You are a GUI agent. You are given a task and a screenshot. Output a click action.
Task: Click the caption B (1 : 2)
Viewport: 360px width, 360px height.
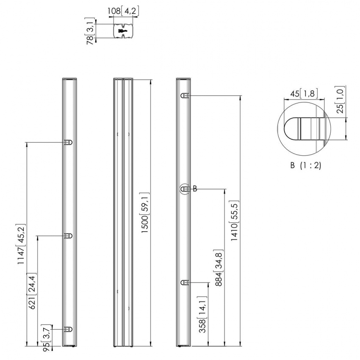(305, 165)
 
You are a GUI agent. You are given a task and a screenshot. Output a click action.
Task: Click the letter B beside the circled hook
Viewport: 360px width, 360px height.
(195, 189)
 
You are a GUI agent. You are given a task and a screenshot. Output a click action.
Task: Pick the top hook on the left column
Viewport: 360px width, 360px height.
(69, 142)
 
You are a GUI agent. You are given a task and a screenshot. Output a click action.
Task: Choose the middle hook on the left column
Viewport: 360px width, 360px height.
(69, 236)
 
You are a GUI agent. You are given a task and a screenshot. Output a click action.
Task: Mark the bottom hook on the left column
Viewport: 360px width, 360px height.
(69, 329)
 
